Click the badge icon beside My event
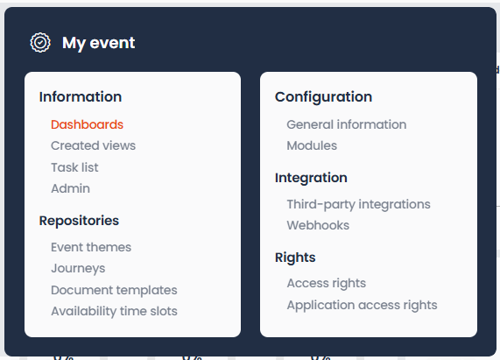pos(40,42)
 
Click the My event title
pos(99,43)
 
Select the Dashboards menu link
pos(87,124)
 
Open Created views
pos(93,145)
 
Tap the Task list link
pos(74,167)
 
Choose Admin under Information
pos(70,188)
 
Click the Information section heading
pos(81,97)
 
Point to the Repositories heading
pos(79,221)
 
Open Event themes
pos(91,247)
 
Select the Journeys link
pos(78,269)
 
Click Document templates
pos(114,290)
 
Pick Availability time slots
pos(114,311)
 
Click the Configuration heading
pos(324,97)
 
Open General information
pos(347,124)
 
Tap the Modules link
pos(312,145)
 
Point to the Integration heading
pos(311,178)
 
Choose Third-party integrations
pos(359,204)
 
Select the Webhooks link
pos(318,225)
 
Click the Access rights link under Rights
pos(327,283)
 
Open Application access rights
pos(363,305)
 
